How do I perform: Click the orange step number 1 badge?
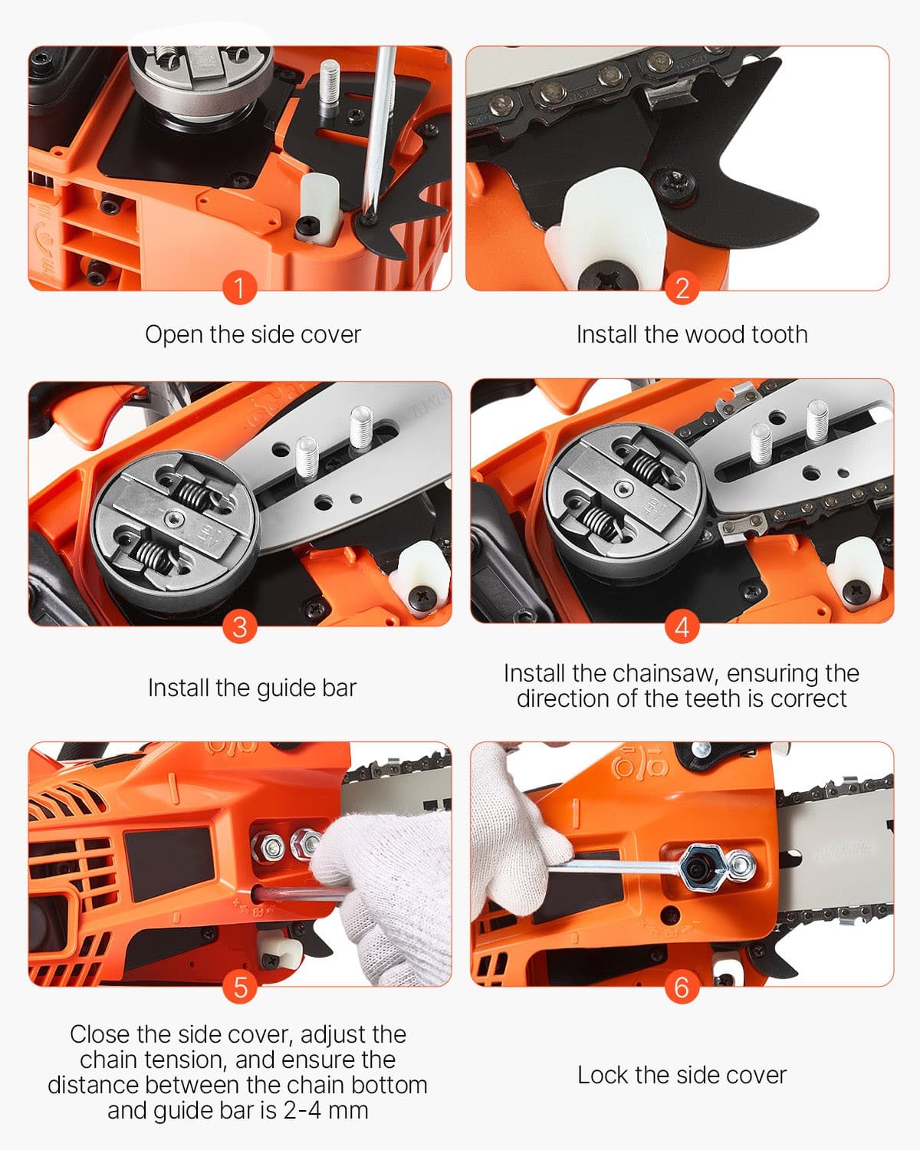tap(239, 289)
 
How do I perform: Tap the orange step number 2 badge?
tap(682, 289)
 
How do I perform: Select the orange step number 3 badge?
tap(239, 627)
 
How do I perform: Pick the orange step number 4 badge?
tap(682, 627)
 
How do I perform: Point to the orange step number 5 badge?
tap(239, 987)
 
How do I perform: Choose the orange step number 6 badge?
tap(682, 987)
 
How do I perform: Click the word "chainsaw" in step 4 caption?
tap(664, 673)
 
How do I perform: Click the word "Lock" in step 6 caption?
tap(603, 1075)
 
